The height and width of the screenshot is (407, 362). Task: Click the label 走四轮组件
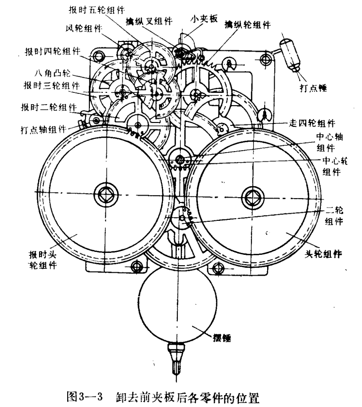pos(309,122)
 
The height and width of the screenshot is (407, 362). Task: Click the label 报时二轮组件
pos(48,107)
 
